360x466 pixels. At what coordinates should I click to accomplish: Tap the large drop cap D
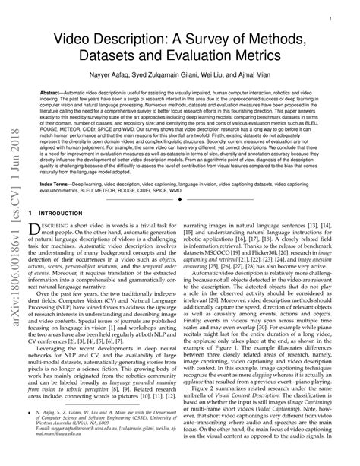(43, 232)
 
